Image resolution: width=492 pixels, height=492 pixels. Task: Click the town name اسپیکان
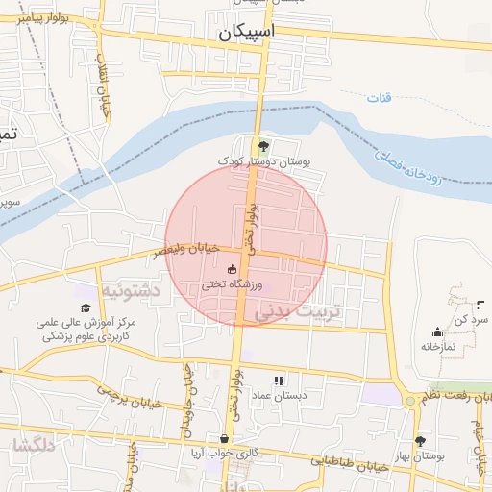click(246, 32)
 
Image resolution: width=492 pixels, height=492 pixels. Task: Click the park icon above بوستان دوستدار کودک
click(264, 146)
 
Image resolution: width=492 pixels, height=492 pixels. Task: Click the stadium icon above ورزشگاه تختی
click(232, 269)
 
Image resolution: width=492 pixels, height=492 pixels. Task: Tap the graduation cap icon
click(86, 307)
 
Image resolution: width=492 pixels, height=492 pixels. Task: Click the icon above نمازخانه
click(437, 331)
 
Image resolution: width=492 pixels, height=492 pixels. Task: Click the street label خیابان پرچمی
click(126, 394)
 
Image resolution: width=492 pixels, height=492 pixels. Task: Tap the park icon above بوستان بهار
click(419, 441)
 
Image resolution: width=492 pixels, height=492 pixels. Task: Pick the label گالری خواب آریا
click(224, 455)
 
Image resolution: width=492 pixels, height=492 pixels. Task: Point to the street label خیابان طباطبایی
click(351, 463)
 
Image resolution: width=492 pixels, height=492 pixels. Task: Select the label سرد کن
click(475, 317)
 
